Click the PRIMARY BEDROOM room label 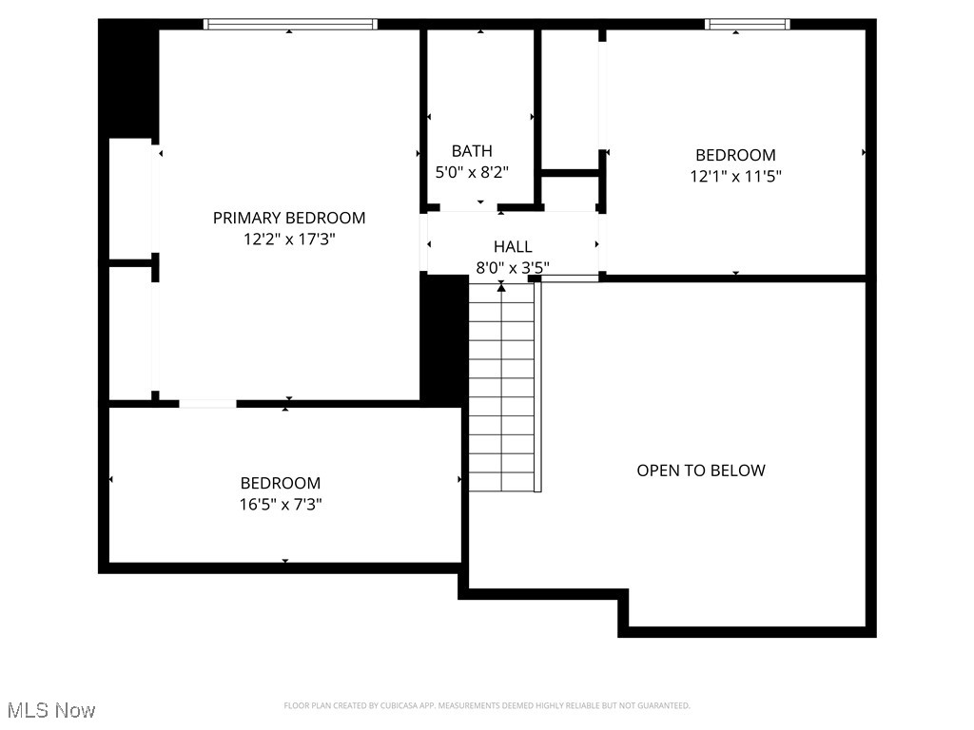click(x=289, y=218)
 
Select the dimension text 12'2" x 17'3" click(x=289, y=240)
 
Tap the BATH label click(x=472, y=151)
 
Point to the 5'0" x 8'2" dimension click(x=472, y=173)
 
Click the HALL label click(x=513, y=247)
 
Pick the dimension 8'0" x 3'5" click(x=513, y=268)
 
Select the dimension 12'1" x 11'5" click(x=735, y=176)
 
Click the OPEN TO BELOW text click(x=701, y=471)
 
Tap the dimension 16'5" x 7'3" click(x=281, y=505)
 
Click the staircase click(x=502, y=390)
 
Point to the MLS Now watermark click(x=51, y=710)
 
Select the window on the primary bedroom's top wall click(x=291, y=25)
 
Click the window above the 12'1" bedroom click(x=747, y=25)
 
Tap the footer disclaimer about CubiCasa click(x=487, y=705)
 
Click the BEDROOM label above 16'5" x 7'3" click(x=281, y=483)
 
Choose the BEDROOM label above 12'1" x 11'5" click(x=735, y=155)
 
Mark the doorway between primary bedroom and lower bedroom click(x=207, y=404)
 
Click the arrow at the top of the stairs click(x=501, y=286)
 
